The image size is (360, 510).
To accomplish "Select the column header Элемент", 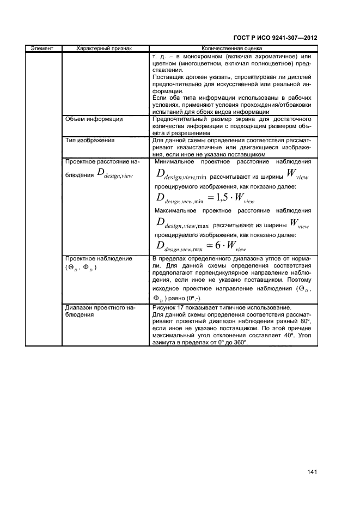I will (42, 48).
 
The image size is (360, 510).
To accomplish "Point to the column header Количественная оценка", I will (231, 48).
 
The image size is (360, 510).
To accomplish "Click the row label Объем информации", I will (93, 118).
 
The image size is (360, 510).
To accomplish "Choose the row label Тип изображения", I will (89, 141).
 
